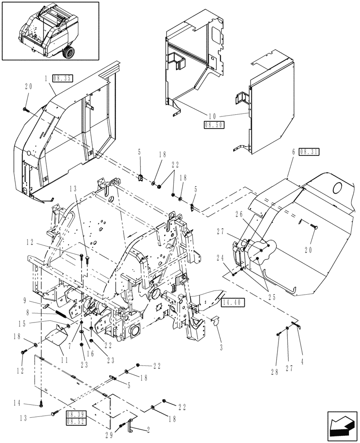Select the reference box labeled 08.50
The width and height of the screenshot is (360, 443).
(214, 125)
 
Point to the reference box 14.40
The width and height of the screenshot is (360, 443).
(234, 303)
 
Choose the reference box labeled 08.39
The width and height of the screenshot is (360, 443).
(75, 414)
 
